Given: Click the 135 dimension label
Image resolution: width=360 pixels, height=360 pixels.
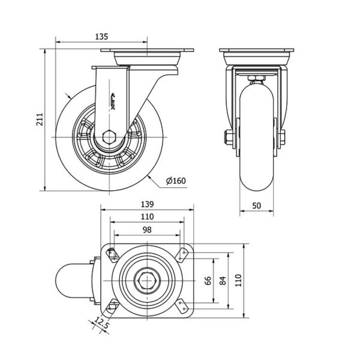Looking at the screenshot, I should (x=101, y=37).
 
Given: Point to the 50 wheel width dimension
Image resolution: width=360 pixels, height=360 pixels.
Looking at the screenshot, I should (x=256, y=205).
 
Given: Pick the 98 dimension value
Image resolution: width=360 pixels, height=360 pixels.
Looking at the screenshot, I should (x=147, y=230).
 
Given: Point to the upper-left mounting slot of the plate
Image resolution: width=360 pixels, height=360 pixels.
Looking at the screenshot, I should (x=112, y=254).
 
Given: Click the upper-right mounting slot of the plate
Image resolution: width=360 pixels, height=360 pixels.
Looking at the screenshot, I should (x=182, y=254).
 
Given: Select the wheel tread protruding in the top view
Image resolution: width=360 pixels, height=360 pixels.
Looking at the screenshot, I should (x=71, y=281).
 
